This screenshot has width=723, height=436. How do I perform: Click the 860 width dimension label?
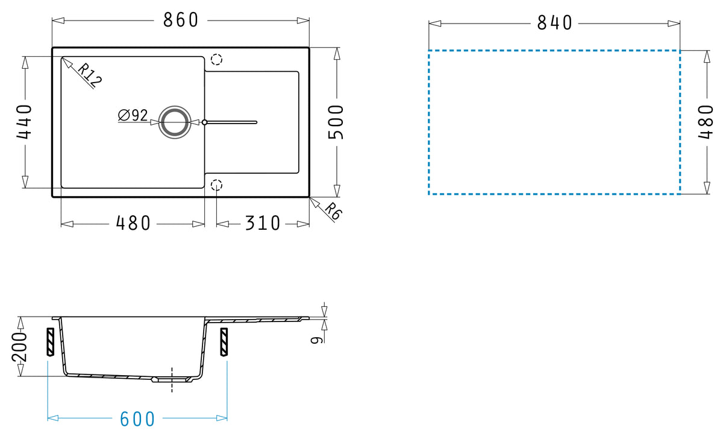click(180, 20)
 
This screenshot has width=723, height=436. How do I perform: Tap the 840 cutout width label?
click(554, 23)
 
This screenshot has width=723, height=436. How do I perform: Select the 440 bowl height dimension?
click(25, 122)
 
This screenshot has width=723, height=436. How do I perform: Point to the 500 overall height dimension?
click(336, 122)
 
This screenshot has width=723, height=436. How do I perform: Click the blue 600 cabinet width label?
click(137, 419)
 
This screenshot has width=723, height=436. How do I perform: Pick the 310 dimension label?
click(263, 223)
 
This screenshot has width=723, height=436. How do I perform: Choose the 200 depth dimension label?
click(19, 347)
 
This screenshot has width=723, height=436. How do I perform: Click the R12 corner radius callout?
click(90, 75)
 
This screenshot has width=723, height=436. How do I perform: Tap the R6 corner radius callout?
click(333, 211)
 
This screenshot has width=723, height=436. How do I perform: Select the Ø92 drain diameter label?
click(133, 115)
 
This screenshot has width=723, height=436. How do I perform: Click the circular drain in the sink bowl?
click(175, 122)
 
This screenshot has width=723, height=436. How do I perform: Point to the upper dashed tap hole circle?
click(216, 60)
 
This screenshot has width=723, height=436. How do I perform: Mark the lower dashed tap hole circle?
click(216, 185)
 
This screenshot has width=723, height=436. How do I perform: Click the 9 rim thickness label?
click(317, 340)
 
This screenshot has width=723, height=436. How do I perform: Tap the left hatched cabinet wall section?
click(51, 342)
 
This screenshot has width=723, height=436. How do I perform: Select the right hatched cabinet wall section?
click(224, 342)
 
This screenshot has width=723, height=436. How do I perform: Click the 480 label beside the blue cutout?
click(706, 122)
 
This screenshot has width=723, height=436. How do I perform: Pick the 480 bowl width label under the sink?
click(133, 223)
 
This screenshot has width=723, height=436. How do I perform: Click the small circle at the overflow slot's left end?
click(204, 122)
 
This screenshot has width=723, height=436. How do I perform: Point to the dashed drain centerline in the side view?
click(172, 380)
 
